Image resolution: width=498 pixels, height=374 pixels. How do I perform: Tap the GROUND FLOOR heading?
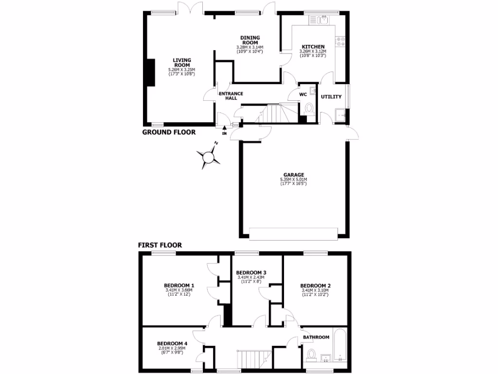[169, 132]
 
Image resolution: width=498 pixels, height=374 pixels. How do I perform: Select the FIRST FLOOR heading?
[160, 245]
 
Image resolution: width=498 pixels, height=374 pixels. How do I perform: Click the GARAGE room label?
[294, 175]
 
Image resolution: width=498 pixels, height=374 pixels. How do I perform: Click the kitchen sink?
[323, 20]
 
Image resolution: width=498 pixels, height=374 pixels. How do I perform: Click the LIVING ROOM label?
[182, 63]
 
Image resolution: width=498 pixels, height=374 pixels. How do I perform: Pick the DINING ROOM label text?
[250, 40]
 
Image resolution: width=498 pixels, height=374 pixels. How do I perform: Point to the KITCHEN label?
[313, 47]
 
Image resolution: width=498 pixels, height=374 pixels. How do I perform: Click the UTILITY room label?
[331, 96]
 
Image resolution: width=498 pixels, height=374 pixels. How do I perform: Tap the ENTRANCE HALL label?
[231, 96]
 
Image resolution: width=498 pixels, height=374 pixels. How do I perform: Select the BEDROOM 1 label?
[179, 285]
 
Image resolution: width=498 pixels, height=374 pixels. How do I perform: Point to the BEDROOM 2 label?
[315, 286]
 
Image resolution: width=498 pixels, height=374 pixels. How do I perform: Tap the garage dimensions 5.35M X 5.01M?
[294, 180]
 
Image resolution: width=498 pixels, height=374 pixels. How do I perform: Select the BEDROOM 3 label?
[251, 272]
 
